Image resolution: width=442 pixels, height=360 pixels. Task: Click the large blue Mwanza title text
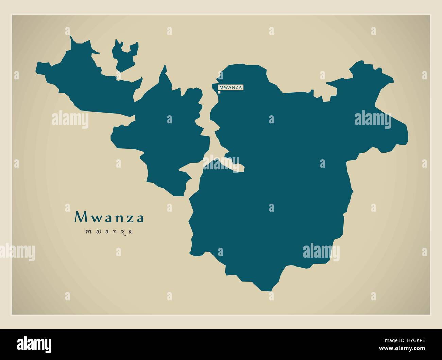[x=109, y=218]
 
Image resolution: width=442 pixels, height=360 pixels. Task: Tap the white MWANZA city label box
[x=231, y=87]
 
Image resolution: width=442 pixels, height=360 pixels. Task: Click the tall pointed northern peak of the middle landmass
[x=165, y=66]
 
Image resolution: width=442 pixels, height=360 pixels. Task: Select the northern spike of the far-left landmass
[x=71, y=37]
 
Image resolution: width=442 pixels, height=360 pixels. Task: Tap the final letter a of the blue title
[x=140, y=218]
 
